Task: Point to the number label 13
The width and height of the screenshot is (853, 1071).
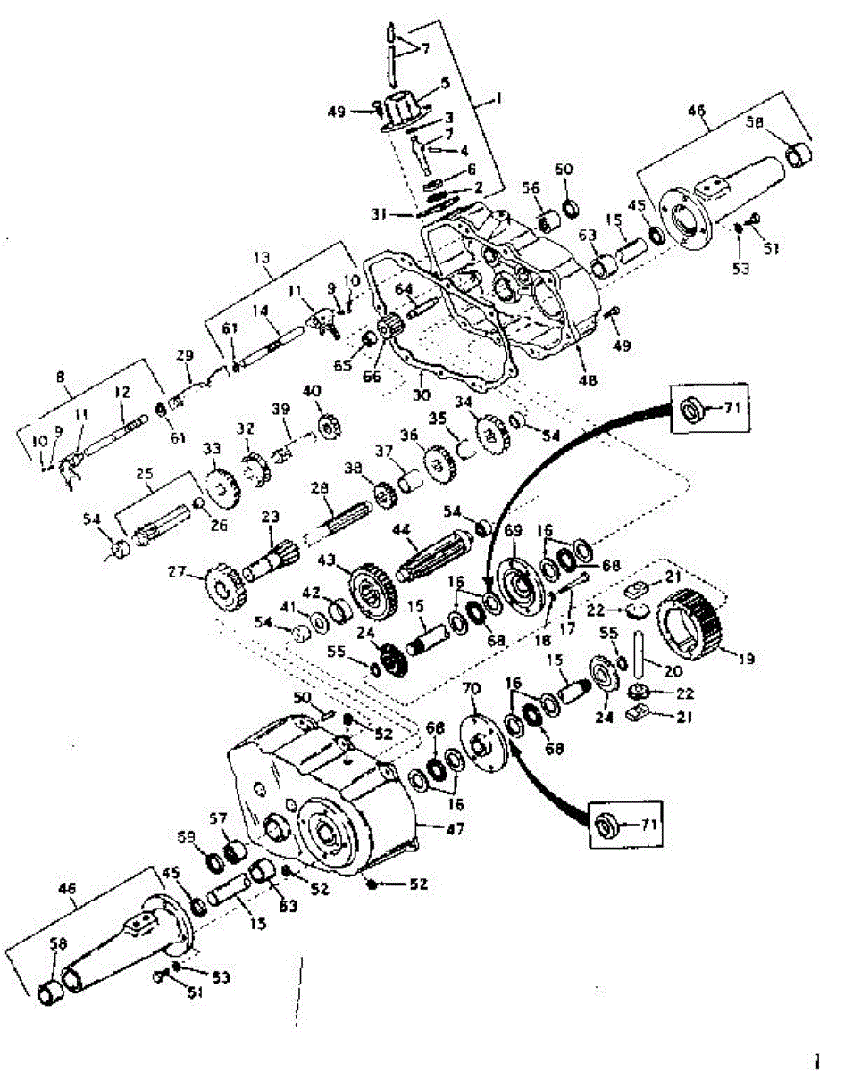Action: (261, 257)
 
